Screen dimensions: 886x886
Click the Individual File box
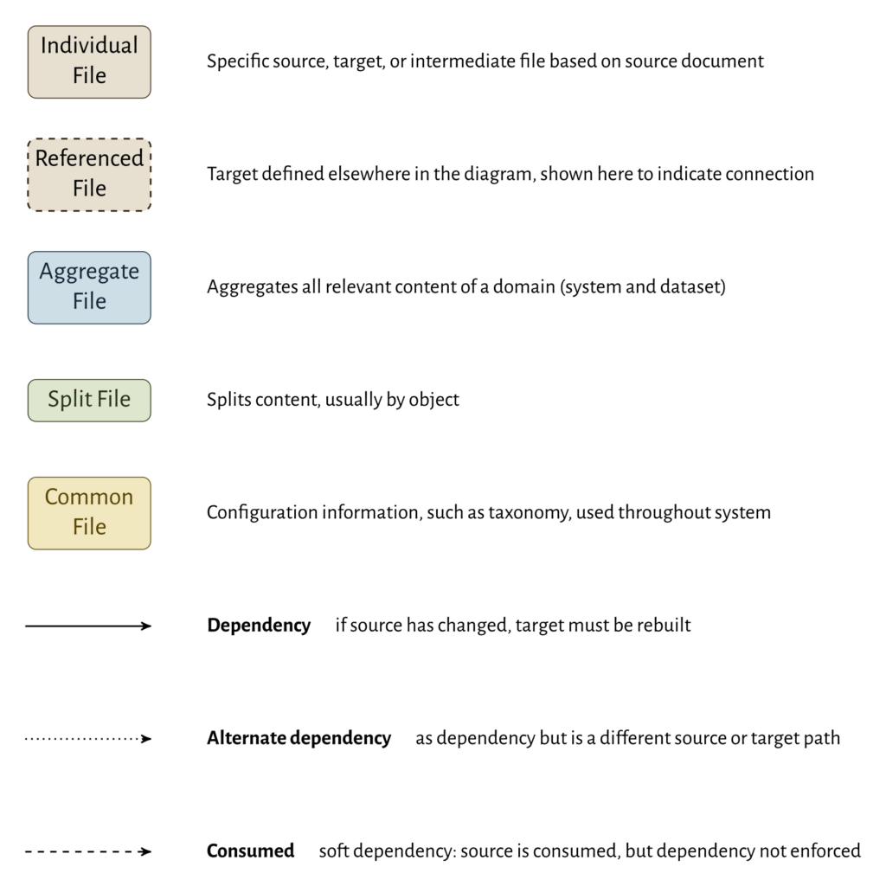(x=89, y=61)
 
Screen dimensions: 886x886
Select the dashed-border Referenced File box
(x=89, y=174)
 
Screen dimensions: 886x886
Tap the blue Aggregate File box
(x=89, y=287)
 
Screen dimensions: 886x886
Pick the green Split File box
(x=89, y=400)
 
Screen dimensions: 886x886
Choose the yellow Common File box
(x=89, y=512)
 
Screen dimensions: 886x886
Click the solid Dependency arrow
(x=88, y=626)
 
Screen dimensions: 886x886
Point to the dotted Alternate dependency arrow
(x=88, y=739)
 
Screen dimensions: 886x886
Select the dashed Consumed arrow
(x=88, y=851)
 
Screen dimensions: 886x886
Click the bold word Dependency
(x=259, y=626)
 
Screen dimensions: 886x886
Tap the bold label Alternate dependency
(x=299, y=739)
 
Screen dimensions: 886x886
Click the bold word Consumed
(x=250, y=851)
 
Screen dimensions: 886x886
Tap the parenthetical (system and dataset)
(x=643, y=287)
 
